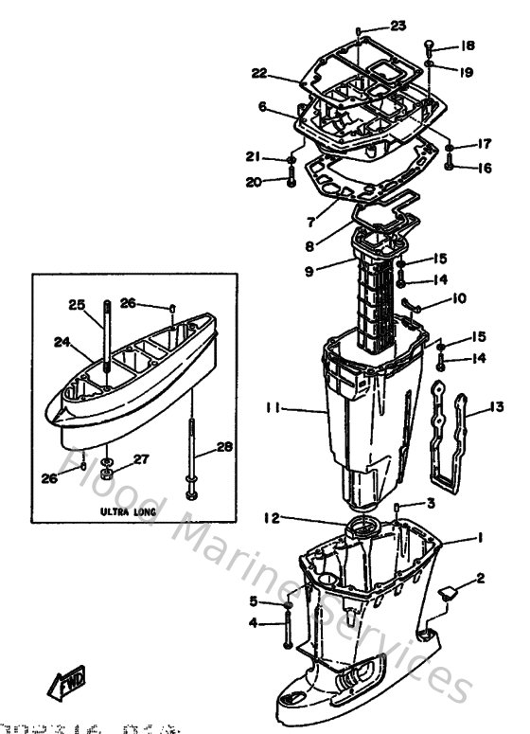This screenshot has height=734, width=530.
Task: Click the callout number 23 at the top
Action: click(x=397, y=26)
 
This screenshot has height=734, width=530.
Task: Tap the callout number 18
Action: click(x=468, y=45)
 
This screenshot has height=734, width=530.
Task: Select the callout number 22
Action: click(x=259, y=73)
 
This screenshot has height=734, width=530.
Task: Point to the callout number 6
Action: click(x=262, y=108)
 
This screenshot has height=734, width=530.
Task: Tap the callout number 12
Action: click(x=272, y=518)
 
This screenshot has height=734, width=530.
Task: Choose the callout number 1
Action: click(x=481, y=538)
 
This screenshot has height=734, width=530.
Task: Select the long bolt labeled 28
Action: click(x=193, y=455)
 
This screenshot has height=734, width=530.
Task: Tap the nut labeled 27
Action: click(x=109, y=468)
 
